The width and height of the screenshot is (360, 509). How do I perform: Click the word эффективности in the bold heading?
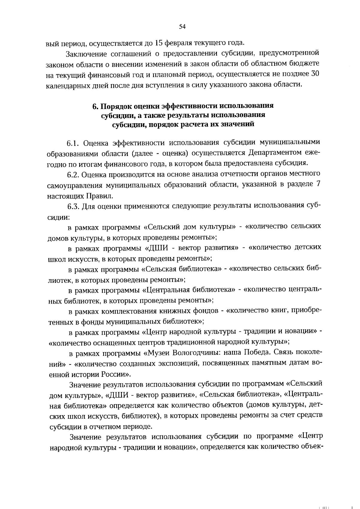[190, 106]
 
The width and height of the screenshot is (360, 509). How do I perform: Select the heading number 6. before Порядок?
[95, 106]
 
